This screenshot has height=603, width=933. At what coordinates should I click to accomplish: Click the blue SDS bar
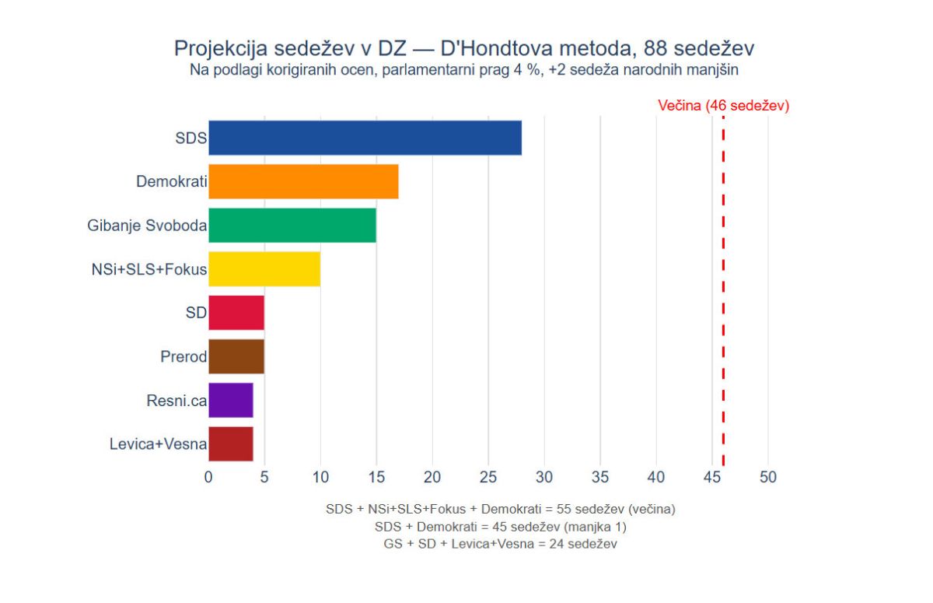click(x=365, y=138)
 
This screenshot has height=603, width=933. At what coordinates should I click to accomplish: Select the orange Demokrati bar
click(x=303, y=182)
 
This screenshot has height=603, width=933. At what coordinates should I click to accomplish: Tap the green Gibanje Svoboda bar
click(x=292, y=226)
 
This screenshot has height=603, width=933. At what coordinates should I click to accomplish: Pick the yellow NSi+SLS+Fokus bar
click(x=264, y=269)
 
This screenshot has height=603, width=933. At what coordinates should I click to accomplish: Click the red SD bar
click(x=236, y=313)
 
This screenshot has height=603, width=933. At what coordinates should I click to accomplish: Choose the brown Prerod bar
click(x=236, y=356)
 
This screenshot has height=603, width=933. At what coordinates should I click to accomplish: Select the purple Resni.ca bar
click(x=231, y=401)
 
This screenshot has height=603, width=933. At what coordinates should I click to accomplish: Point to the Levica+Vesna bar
click(x=231, y=444)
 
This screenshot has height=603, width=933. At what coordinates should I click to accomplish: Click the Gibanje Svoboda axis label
click(x=147, y=226)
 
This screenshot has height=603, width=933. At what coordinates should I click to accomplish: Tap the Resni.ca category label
click(x=176, y=401)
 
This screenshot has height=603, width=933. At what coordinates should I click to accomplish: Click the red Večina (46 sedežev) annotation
click(x=723, y=106)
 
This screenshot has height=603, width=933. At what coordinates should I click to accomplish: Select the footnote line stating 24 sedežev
click(x=500, y=545)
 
